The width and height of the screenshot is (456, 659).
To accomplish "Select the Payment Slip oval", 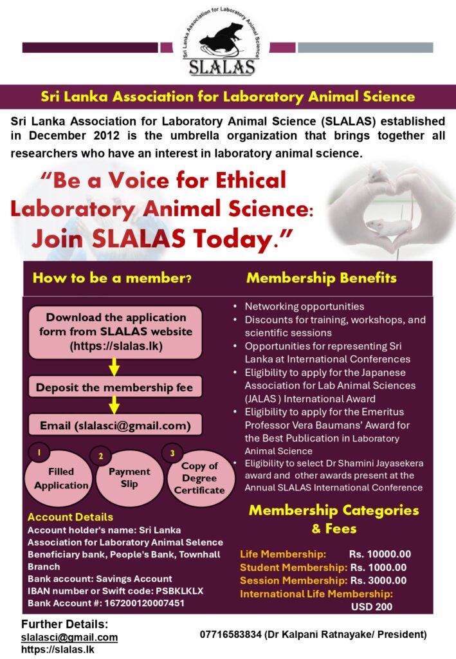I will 129,478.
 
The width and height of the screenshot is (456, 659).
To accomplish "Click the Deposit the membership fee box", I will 114,387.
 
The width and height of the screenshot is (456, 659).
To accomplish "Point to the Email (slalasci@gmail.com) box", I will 114,425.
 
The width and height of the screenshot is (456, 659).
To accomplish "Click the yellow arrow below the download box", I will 114,367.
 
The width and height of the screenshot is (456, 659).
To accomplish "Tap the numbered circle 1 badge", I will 39,453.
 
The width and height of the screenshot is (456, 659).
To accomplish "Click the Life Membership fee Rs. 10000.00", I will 380,554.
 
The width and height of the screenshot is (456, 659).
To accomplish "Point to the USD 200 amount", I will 372,606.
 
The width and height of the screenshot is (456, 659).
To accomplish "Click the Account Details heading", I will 70,517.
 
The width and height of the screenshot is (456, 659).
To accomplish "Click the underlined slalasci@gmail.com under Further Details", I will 69,637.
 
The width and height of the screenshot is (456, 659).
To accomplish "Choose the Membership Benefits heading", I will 321,279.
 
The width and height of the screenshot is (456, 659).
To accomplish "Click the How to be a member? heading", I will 112,279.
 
